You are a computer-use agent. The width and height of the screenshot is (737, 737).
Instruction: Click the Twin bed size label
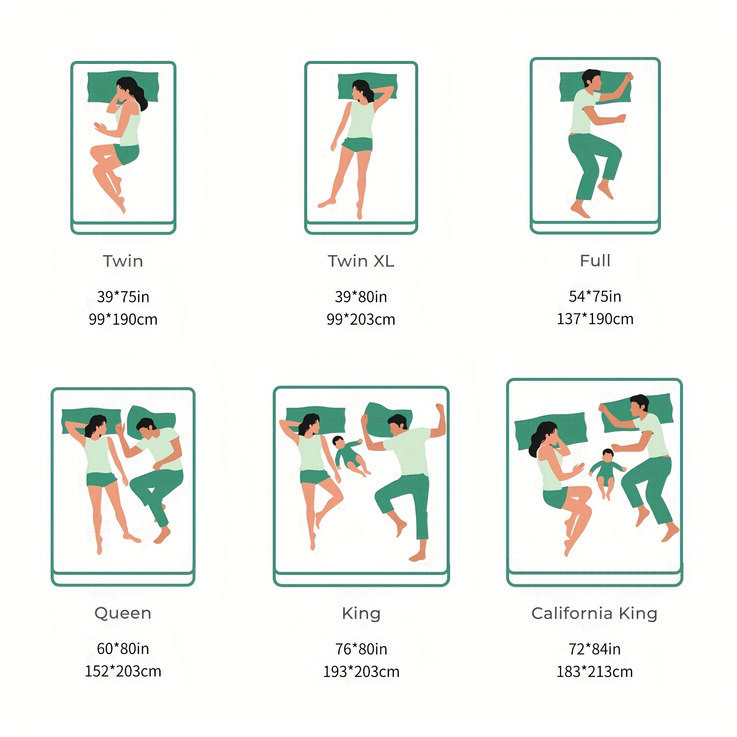[x=123, y=261]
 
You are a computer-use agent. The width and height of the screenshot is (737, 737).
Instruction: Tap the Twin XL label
[x=361, y=261]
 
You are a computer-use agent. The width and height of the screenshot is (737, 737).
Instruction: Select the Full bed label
[x=595, y=260]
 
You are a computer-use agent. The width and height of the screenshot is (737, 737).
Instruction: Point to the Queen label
[x=123, y=613]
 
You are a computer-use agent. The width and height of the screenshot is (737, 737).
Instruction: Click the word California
[x=572, y=613]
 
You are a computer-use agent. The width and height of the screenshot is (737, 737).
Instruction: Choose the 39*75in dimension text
[x=123, y=297]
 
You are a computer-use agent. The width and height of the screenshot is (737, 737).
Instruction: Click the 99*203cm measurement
[x=361, y=319]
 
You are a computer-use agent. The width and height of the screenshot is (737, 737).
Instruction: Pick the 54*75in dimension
[x=595, y=296]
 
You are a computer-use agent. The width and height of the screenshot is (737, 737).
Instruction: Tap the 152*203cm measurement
[x=123, y=671]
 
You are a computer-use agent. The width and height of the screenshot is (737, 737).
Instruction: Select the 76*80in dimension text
[x=361, y=649]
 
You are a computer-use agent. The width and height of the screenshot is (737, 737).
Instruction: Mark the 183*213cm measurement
[x=595, y=672]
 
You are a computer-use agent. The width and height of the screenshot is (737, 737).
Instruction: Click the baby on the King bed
[x=350, y=455]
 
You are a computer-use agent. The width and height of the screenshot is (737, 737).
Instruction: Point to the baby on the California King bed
[x=607, y=472]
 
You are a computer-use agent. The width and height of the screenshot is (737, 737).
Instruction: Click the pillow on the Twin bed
[x=123, y=87]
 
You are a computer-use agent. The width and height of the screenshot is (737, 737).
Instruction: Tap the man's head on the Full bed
[x=591, y=80]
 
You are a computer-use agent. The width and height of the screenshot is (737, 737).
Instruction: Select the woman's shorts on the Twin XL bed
[x=358, y=144]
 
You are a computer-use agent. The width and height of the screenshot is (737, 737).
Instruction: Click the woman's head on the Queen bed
[x=96, y=425]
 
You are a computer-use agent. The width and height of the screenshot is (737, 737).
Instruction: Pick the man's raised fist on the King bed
[x=440, y=409]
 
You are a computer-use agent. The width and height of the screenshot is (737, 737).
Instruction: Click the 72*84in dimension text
[x=595, y=649]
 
